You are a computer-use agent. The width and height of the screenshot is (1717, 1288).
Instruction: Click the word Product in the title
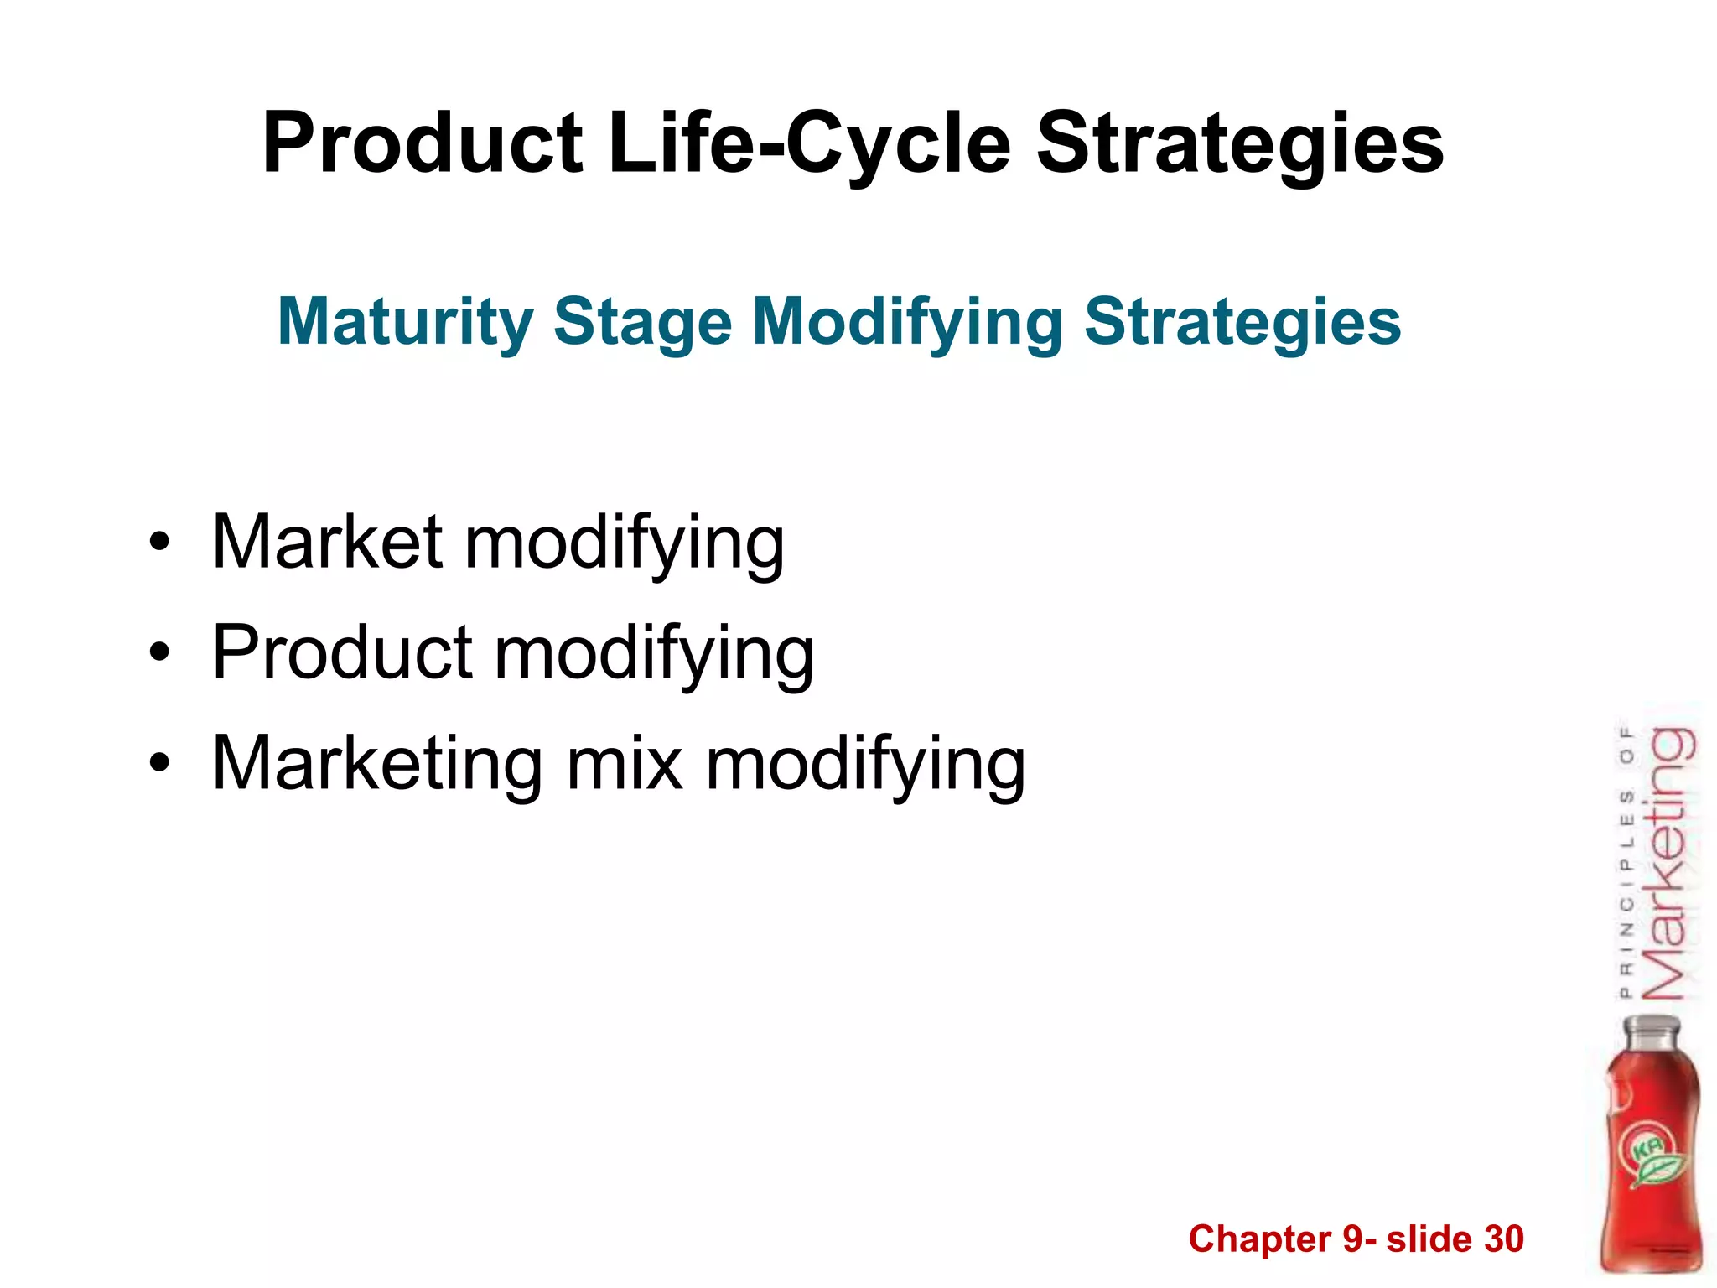point(422,144)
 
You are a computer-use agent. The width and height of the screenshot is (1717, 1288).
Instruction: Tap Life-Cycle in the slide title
point(810,144)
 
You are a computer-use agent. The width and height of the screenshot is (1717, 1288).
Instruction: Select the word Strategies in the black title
point(1240,144)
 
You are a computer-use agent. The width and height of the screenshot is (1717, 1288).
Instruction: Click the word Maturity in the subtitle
point(405,323)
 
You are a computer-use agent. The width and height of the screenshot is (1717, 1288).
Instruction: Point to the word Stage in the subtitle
point(643,323)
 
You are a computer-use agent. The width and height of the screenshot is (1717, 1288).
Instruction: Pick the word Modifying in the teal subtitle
point(908,323)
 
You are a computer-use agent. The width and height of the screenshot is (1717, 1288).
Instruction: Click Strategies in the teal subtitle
point(1242,323)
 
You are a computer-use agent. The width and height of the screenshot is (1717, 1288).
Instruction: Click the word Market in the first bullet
point(327,543)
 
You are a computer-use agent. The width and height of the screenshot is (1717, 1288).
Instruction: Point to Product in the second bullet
point(342,652)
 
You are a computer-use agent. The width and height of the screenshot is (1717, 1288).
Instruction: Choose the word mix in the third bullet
point(625,763)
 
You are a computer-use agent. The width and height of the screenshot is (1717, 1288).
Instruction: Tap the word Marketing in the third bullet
point(377,763)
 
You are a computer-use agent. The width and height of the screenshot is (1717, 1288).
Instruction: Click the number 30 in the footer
point(1503,1239)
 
